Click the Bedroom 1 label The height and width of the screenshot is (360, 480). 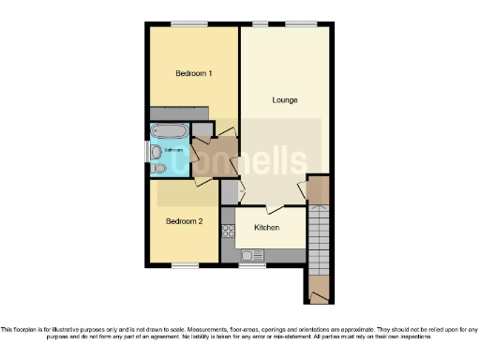click(x=194, y=73)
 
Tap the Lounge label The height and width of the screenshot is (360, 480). click(x=285, y=99)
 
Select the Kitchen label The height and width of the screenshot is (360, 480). click(x=267, y=228)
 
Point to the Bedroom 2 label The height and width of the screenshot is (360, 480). click(x=184, y=221)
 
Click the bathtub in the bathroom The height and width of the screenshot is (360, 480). click(x=170, y=130)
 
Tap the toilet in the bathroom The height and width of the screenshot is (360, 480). click(x=159, y=168)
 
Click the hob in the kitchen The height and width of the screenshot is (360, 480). click(x=228, y=231)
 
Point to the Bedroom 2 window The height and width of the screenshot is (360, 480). click(x=185, y=265)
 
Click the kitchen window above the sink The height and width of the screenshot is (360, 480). click(x=251, y=265)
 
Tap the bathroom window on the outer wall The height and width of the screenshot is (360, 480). click(x=148, y=150)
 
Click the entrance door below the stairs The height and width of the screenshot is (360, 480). click(x=319, y=296)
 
